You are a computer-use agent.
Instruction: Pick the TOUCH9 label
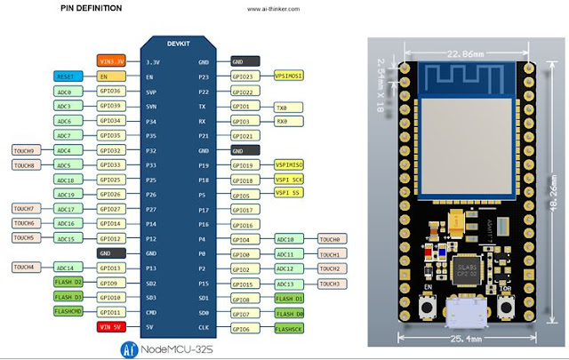click(25, 150)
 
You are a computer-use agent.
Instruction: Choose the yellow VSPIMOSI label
click(290, 76)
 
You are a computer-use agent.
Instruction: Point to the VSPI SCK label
click(290, 180)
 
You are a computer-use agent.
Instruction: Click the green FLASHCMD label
click(68, 312)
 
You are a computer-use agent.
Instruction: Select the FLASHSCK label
click(289, 327)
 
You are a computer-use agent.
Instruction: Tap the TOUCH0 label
click(331, 238)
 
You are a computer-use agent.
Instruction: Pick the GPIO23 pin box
click(243, 76)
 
